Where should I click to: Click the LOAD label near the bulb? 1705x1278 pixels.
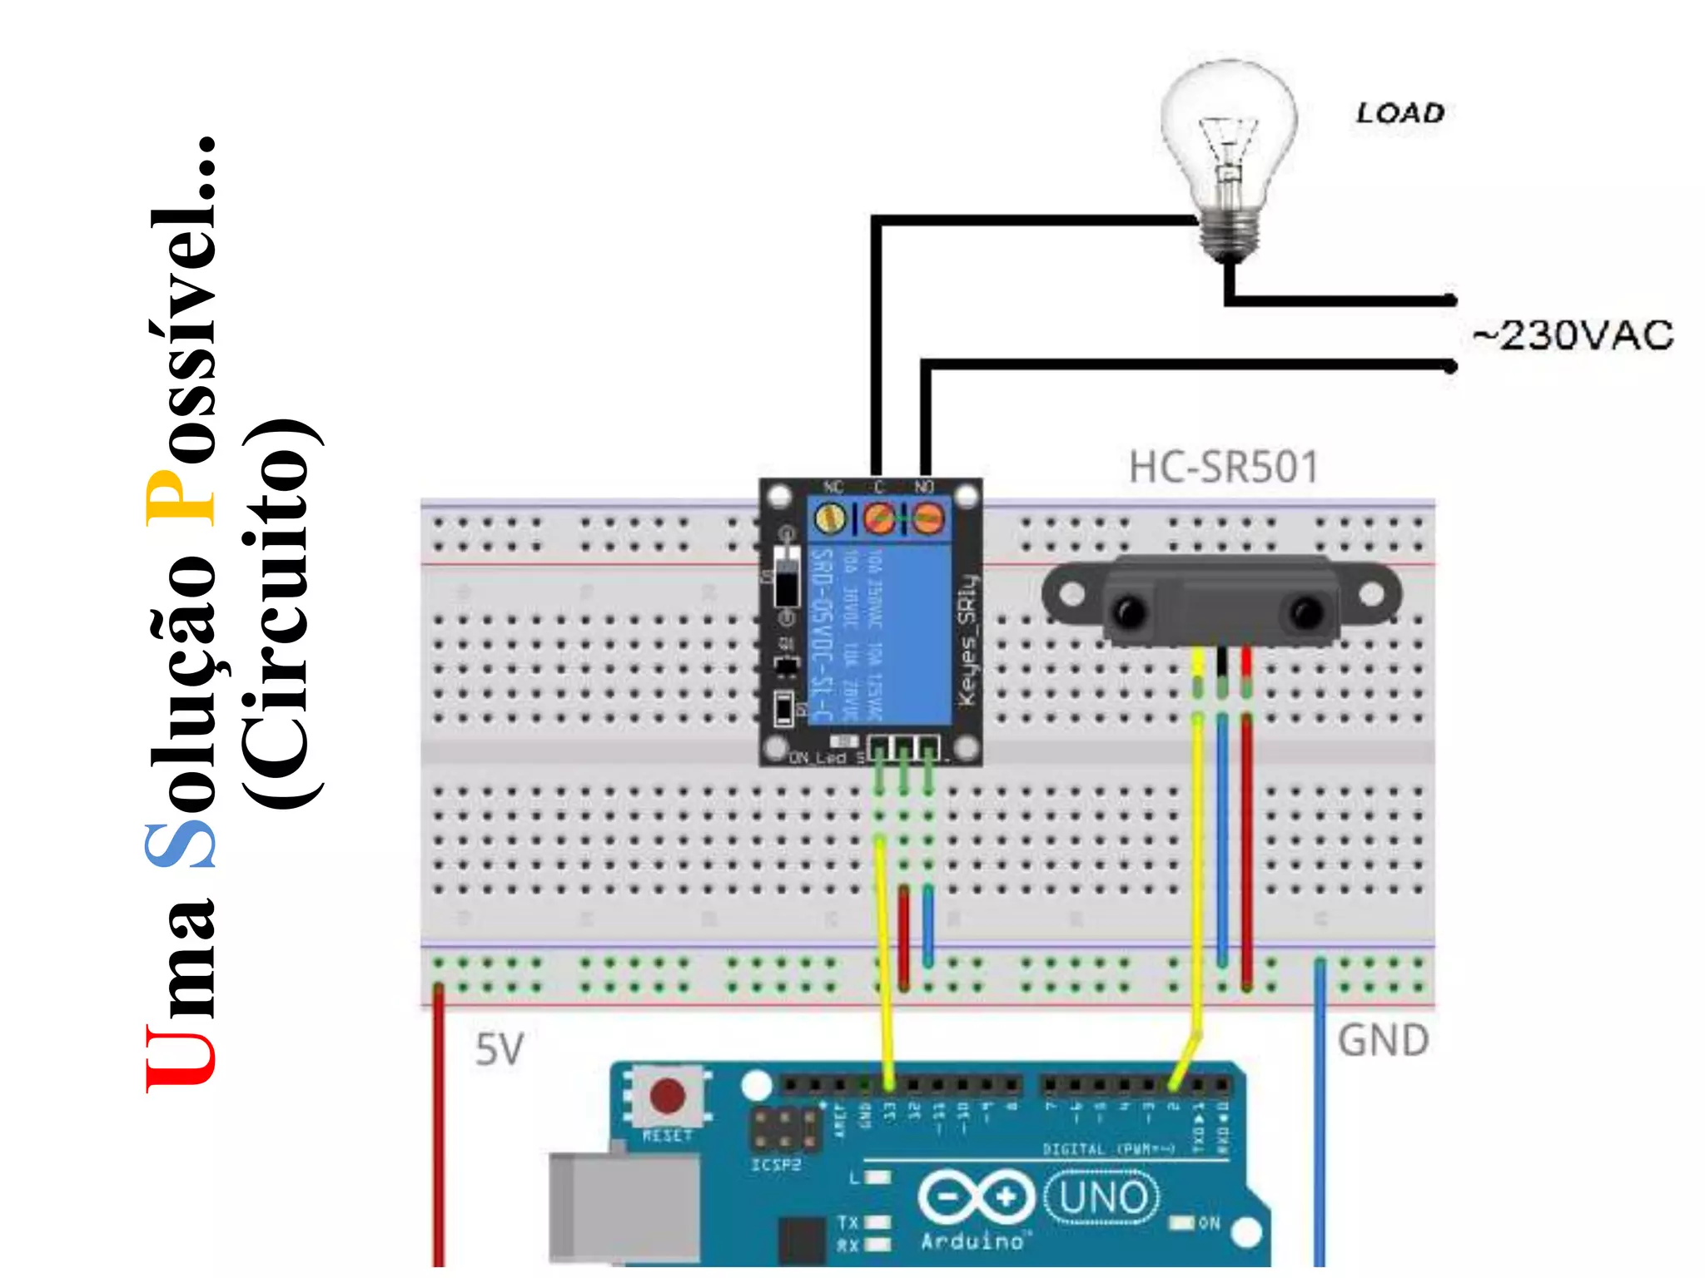click(x=1399, y=113)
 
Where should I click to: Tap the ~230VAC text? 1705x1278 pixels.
click(x=1572, y=335)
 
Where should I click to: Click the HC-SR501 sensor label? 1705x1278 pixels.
click(x=1223, y=467)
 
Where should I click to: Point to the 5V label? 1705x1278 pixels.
click(x=499, y=1049)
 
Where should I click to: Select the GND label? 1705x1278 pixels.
click(x=1383, y=1040)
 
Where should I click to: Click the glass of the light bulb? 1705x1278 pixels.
click(x=1228, y=125)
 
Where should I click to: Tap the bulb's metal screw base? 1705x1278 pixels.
click(x=1229, y=237)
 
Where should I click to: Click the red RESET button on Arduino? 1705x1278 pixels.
click(x=667, y=1096)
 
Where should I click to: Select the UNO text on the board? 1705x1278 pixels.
click(x=1102, y=1198)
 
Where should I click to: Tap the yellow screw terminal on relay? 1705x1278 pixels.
click(x=829, y=519)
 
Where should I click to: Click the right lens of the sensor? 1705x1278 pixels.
click(x=1305, y=613)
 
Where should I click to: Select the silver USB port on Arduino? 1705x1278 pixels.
click(x=624, y=1206)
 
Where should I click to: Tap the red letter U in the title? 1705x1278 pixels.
click(x=180, y=1057)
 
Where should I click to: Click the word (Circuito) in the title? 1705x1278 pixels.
click(x=281, y=614)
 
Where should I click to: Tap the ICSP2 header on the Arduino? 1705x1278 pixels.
click(x=783, y=1130)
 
